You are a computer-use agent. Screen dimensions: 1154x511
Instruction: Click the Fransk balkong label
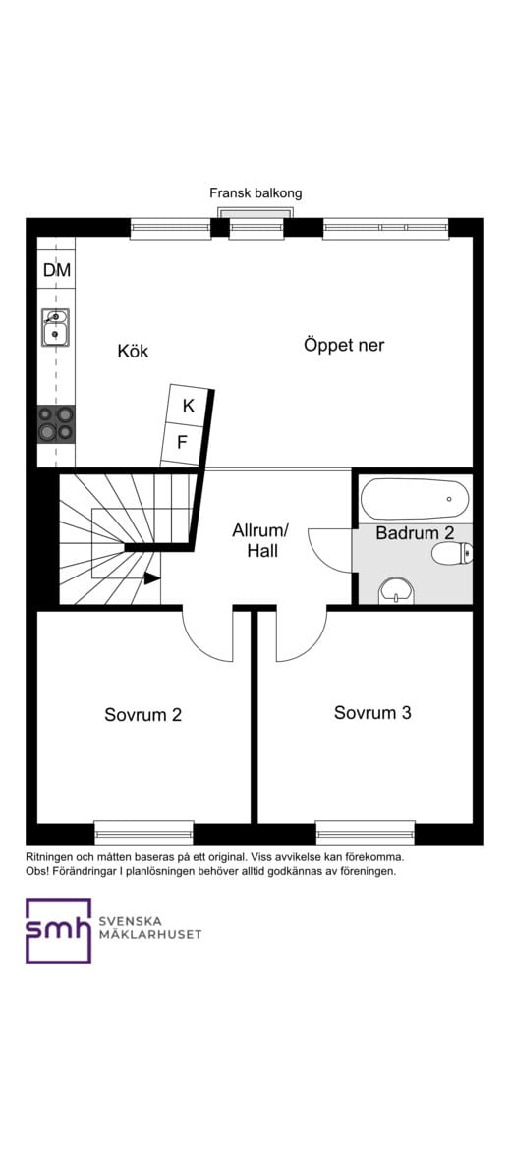click(x=255, y=193)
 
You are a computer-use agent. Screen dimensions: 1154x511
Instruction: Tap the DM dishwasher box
click(x=56, y=269)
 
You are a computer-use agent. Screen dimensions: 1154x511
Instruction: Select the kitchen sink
click(x=55, y=328)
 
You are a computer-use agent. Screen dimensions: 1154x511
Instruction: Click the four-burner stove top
click(x=55, y=423)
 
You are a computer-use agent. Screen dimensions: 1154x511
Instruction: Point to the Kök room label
click(x=133, y=351)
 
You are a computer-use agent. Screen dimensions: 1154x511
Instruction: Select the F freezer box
click(x=182, y=442)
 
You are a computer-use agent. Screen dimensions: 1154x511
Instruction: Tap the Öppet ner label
click(x=344, y=345)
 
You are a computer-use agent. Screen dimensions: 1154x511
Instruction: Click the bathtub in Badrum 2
click(x=414, y=499)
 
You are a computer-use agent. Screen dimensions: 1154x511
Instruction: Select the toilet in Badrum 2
click(x=452, y=554)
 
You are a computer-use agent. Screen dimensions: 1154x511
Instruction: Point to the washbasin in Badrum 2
click(x=396, y=589)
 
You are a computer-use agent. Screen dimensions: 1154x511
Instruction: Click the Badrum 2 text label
click(x=414, y=533)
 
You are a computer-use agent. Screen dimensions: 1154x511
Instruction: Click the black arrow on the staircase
click(x=151, y=578)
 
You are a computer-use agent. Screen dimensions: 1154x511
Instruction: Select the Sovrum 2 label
click(x=142, y=714)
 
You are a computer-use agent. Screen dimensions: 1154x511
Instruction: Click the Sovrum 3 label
click(x=372, y=712)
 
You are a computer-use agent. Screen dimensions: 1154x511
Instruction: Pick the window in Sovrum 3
click(x=365, y=832)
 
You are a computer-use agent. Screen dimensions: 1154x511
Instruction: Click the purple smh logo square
click(x=58, y=930)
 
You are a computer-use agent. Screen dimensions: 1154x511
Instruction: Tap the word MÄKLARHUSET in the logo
click(x=150, y=934)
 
